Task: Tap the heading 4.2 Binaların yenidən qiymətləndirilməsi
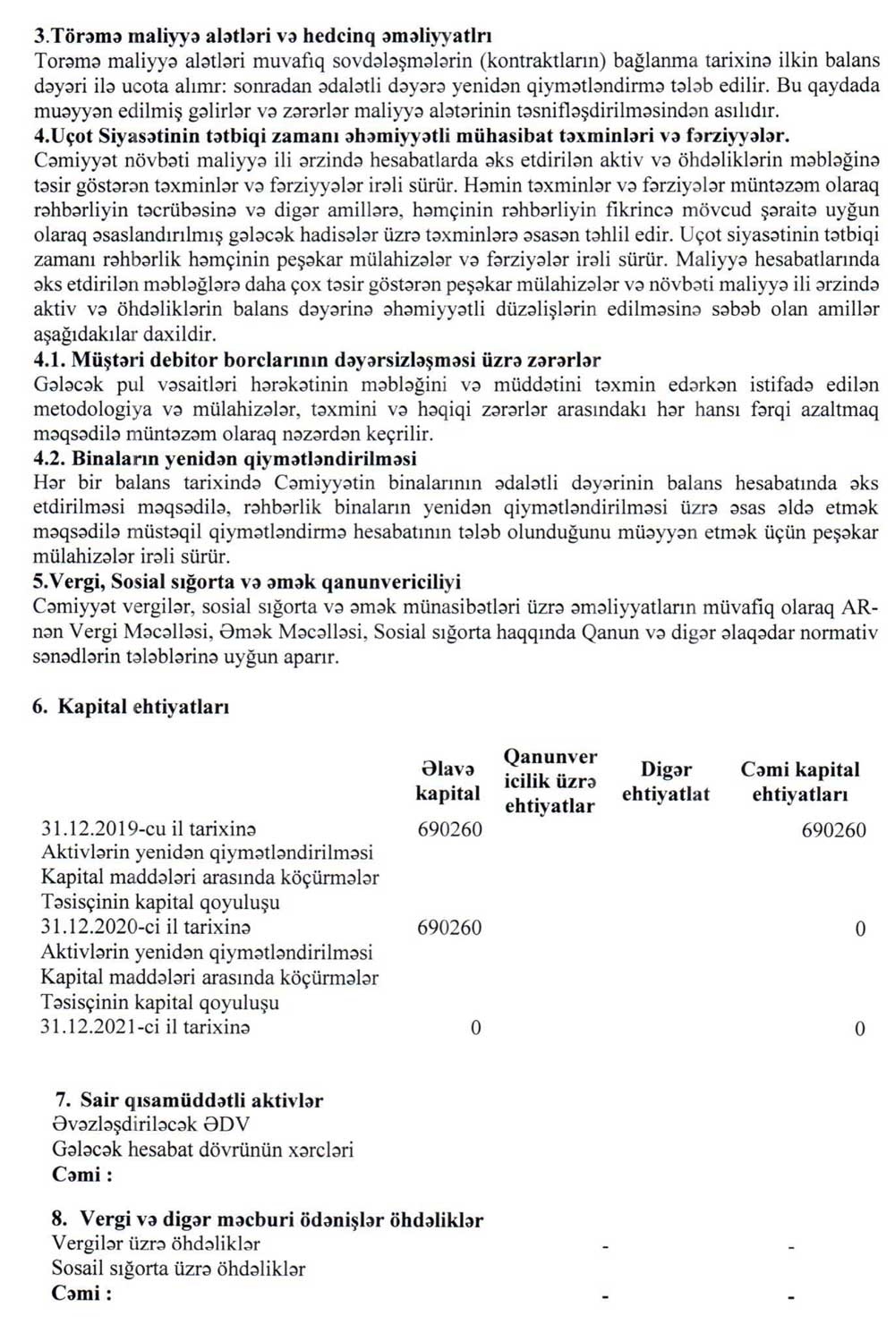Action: [225, 458]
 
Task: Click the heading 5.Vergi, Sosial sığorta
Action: [247, 582]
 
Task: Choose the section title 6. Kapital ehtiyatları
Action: [131, 706]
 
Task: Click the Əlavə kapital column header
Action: [448, 781]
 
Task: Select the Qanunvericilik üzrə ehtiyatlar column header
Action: [550, 781]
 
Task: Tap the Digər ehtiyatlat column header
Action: [666, 781]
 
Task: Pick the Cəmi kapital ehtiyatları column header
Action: [799, 781]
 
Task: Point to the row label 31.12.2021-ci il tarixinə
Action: [145, 1027]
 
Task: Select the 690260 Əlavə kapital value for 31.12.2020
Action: [449, 928]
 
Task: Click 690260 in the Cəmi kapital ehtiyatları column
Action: [833, 829]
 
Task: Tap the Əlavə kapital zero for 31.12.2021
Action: [475, 1027]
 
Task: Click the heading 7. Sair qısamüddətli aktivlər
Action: [188, 1100]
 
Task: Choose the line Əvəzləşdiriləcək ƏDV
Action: [151, 1125]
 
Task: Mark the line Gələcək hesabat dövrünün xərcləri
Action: [202, 1150]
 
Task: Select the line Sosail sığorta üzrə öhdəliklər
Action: [178, 1269]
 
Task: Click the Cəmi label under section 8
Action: [82, 1294]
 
